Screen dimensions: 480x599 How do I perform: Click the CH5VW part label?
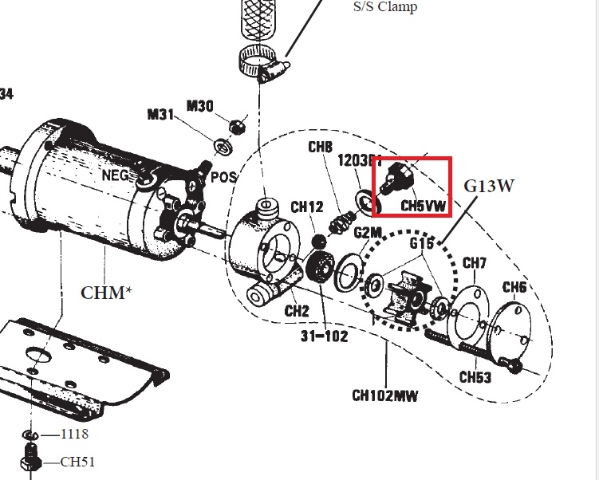424,206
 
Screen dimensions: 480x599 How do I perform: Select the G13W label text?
490,187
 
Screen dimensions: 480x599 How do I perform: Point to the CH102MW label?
385,395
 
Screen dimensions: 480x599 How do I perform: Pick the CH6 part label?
514,287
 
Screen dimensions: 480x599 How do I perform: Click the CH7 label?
475,263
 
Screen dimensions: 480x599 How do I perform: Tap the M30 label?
200,104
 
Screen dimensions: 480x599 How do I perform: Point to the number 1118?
75,435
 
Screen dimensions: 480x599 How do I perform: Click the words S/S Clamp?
385,7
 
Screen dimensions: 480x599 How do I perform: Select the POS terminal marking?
224,176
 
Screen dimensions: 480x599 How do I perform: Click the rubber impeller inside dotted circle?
404,297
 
